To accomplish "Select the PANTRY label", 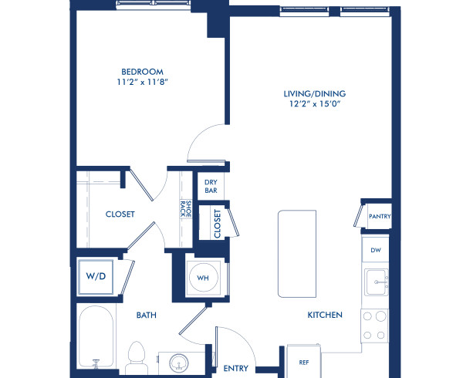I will click(378, 217).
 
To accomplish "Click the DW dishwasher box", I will click(376, 249).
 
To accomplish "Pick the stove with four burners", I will click(376, 324).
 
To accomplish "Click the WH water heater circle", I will click(204, 276).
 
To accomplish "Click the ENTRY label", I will click(235, 369).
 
